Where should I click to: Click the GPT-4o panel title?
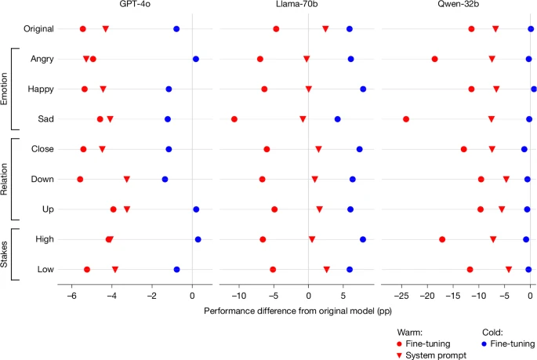pos(135,4)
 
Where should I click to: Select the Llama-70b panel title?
pos(296,4)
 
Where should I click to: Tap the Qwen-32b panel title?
pos(459,4)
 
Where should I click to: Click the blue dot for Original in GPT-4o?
pos(176,29)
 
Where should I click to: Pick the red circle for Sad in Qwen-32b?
pos(406,119)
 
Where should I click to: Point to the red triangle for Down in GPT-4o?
pos(127,179)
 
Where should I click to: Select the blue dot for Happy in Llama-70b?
pos(363,89)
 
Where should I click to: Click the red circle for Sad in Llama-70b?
pos(234,119)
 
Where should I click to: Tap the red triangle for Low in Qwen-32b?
pos(509,270)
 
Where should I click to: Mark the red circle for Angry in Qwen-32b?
pos(434,60)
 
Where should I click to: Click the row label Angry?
pos(42,59)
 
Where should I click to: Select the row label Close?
pos(42,149)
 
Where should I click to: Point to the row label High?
pos(45,239)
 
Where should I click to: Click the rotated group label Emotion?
pos(4,89)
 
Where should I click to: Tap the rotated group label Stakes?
pos(4,254)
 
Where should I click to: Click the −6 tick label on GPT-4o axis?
pos(71,296)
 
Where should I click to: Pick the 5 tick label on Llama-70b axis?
pos(343,296)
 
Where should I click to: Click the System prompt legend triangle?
pos(399,355)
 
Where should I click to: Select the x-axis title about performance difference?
pos(298,311)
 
